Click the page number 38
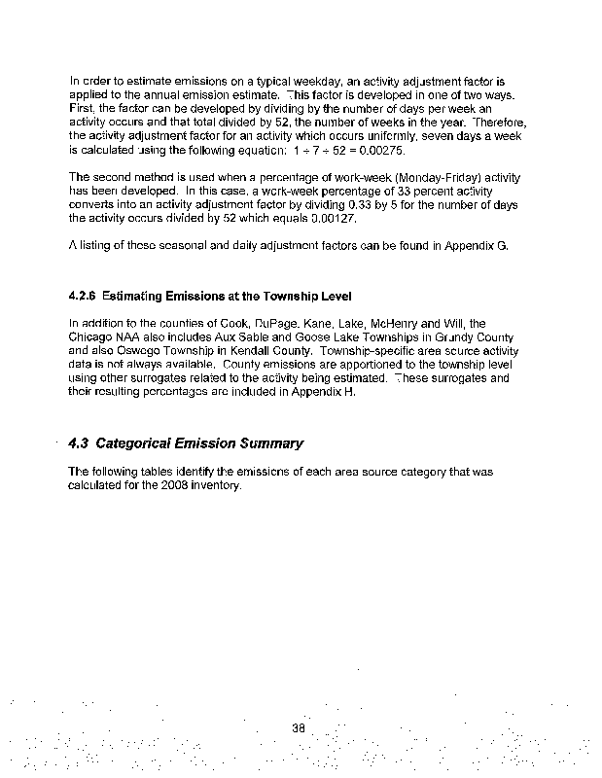(x=299, y=726)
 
